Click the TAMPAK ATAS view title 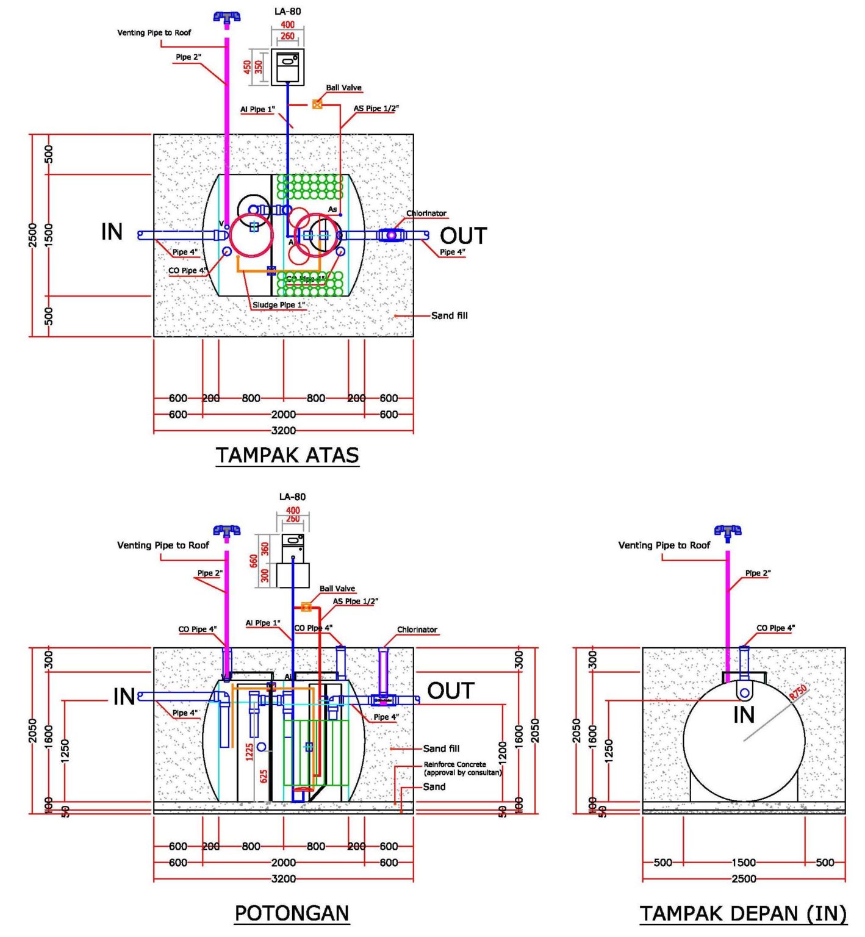pos(287,456)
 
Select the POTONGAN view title pos(292,913)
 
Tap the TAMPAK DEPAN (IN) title pos(743,913)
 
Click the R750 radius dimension pos(798,692)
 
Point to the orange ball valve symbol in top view pos(317,104)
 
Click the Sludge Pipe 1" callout pos(279,305)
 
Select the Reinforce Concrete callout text pos(462,768)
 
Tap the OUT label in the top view pos(463,236)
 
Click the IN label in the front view pos(744,714)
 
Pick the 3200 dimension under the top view pos(284,431)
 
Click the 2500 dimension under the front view pos(744,878)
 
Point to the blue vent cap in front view pos(728,531)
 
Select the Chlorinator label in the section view pos(417,630)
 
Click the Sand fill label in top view pos(450,315)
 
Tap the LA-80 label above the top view pos(287,12)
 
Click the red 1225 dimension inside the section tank pos(249,752)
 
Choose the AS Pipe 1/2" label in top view pos(376,109)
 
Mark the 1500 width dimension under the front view pos(744,863)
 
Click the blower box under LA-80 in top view pos(287,66)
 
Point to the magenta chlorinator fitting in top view pos(391,235)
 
